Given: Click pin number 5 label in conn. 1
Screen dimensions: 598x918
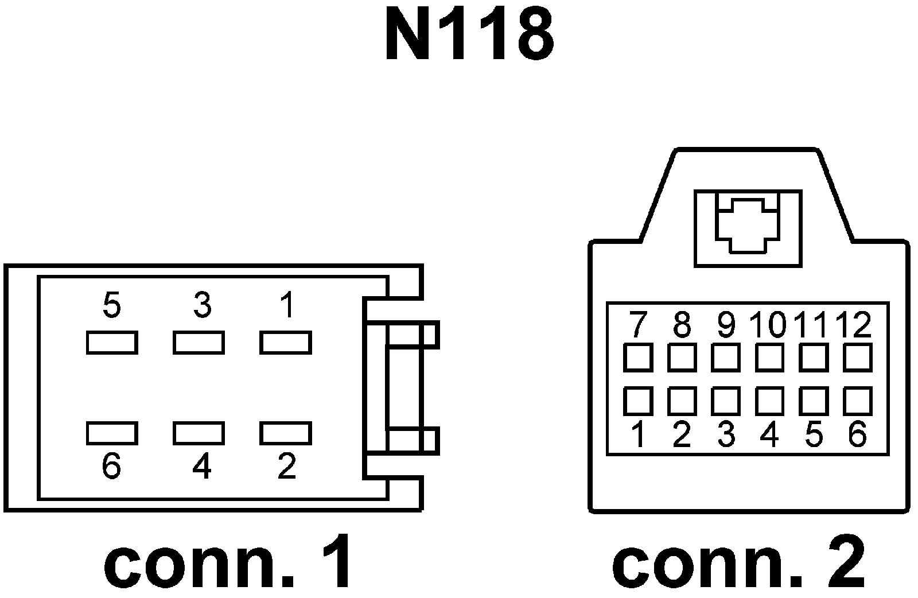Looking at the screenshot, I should click(112, 305).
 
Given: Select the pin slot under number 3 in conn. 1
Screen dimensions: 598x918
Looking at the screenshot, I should click(199, 343).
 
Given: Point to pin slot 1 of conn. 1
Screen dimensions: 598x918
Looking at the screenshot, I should click(286, 343).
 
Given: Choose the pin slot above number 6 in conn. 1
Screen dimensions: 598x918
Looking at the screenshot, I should click(112, 433).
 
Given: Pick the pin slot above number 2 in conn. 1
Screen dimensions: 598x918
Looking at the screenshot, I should click(286, 433).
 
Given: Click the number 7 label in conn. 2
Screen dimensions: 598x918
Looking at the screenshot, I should click(637, 325).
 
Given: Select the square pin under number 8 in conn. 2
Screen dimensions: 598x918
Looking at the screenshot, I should click(682, 358).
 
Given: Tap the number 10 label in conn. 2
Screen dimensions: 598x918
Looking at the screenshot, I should click(769, 325).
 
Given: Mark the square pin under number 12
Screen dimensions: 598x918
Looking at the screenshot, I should click(858, 358).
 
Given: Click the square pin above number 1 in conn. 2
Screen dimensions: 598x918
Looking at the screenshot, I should click(637, 401).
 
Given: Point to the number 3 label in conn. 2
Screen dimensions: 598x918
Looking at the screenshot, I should click(726, 434).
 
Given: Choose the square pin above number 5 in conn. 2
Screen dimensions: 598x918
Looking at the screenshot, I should click(814, 401).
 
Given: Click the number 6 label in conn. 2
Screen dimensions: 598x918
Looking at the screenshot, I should click(857, 434).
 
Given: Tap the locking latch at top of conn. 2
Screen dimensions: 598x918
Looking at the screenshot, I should click(748, 228).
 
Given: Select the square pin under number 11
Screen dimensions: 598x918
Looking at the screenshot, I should click(814, 358).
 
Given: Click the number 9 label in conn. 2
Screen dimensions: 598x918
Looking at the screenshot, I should click(726, 325).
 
